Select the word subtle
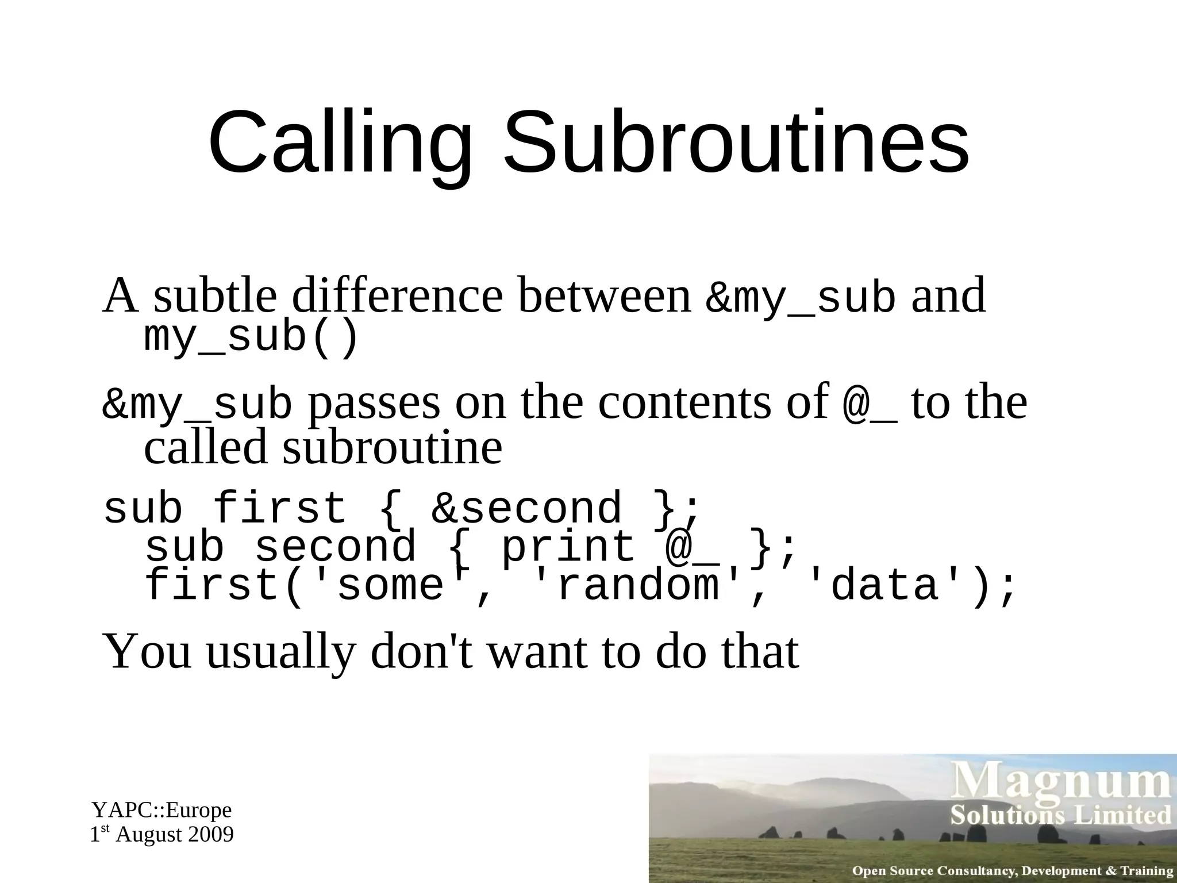click(216, 295)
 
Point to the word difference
click(397, 295)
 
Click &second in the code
click(526, 509)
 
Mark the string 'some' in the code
click(391, 586)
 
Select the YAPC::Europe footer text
click(162, 810)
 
